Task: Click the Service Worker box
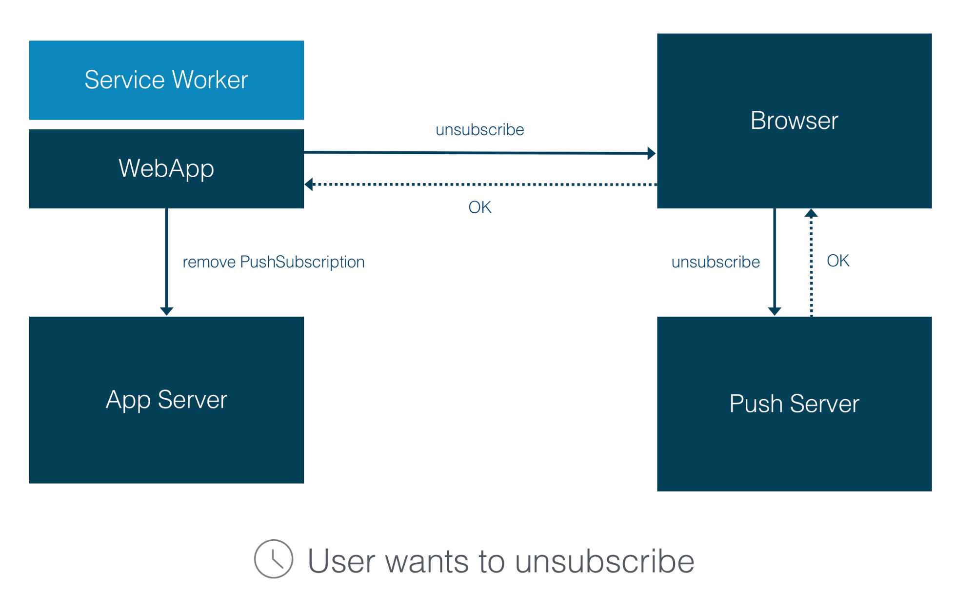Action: click(166, 80)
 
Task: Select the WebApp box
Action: click(166, 169)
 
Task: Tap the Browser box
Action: click(794, 121)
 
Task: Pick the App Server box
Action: click(166, 400)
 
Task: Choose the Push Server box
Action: click(794, 404)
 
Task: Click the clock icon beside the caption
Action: click(274, 559)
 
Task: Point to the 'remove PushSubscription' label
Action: click(274, 262)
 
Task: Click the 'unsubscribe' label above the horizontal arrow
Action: click(479, 130)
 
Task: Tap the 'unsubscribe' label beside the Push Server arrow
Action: click(716, 262)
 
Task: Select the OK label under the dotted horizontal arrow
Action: click(479, 207)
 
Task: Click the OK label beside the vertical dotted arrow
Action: click(838, 261)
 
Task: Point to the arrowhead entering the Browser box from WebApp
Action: click(652, 153)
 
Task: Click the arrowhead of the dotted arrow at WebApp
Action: click(309, 184)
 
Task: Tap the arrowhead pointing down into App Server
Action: click(167, 311)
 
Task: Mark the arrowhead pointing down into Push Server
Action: click(775, 311)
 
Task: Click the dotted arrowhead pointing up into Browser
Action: click(811, 213)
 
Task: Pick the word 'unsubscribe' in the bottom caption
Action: click(605, 561)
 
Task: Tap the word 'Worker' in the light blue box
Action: click(210, 80)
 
